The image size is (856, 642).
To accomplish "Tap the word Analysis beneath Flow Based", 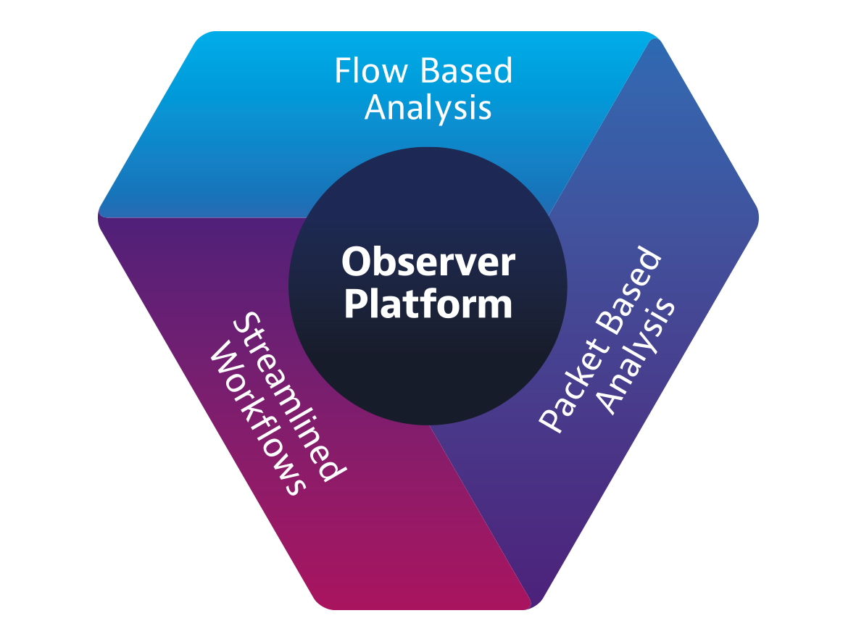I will coord(428,107).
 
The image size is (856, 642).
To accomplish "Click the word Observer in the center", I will coord(428,262).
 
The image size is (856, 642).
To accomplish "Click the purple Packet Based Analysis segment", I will coord(689,217).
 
